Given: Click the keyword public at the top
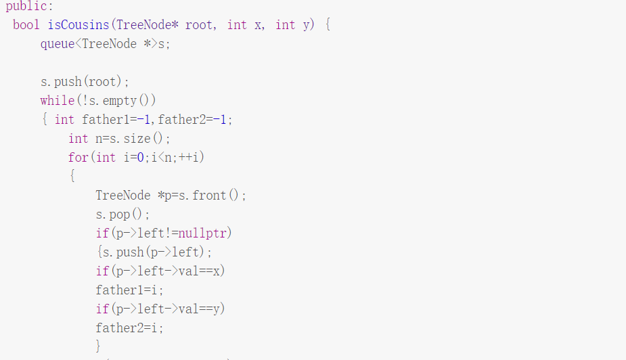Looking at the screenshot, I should (x=27, y=6).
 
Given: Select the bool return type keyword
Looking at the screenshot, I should (x=26, y=25).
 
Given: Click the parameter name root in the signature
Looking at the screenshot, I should (x=199, y=25).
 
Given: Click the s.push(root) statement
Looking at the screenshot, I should (x=85, y=82).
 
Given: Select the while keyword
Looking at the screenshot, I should (x=58, y=101).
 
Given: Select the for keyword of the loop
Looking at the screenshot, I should (x=78, y=158).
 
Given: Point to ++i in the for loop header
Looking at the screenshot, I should (x=192, y=158).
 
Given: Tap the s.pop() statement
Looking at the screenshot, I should (x=122, y=215).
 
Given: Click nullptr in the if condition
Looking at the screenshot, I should (x=206, y=233).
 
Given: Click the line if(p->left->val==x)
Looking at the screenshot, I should (x=160, y=271).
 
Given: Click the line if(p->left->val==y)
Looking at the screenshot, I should (x=160, y=309).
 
